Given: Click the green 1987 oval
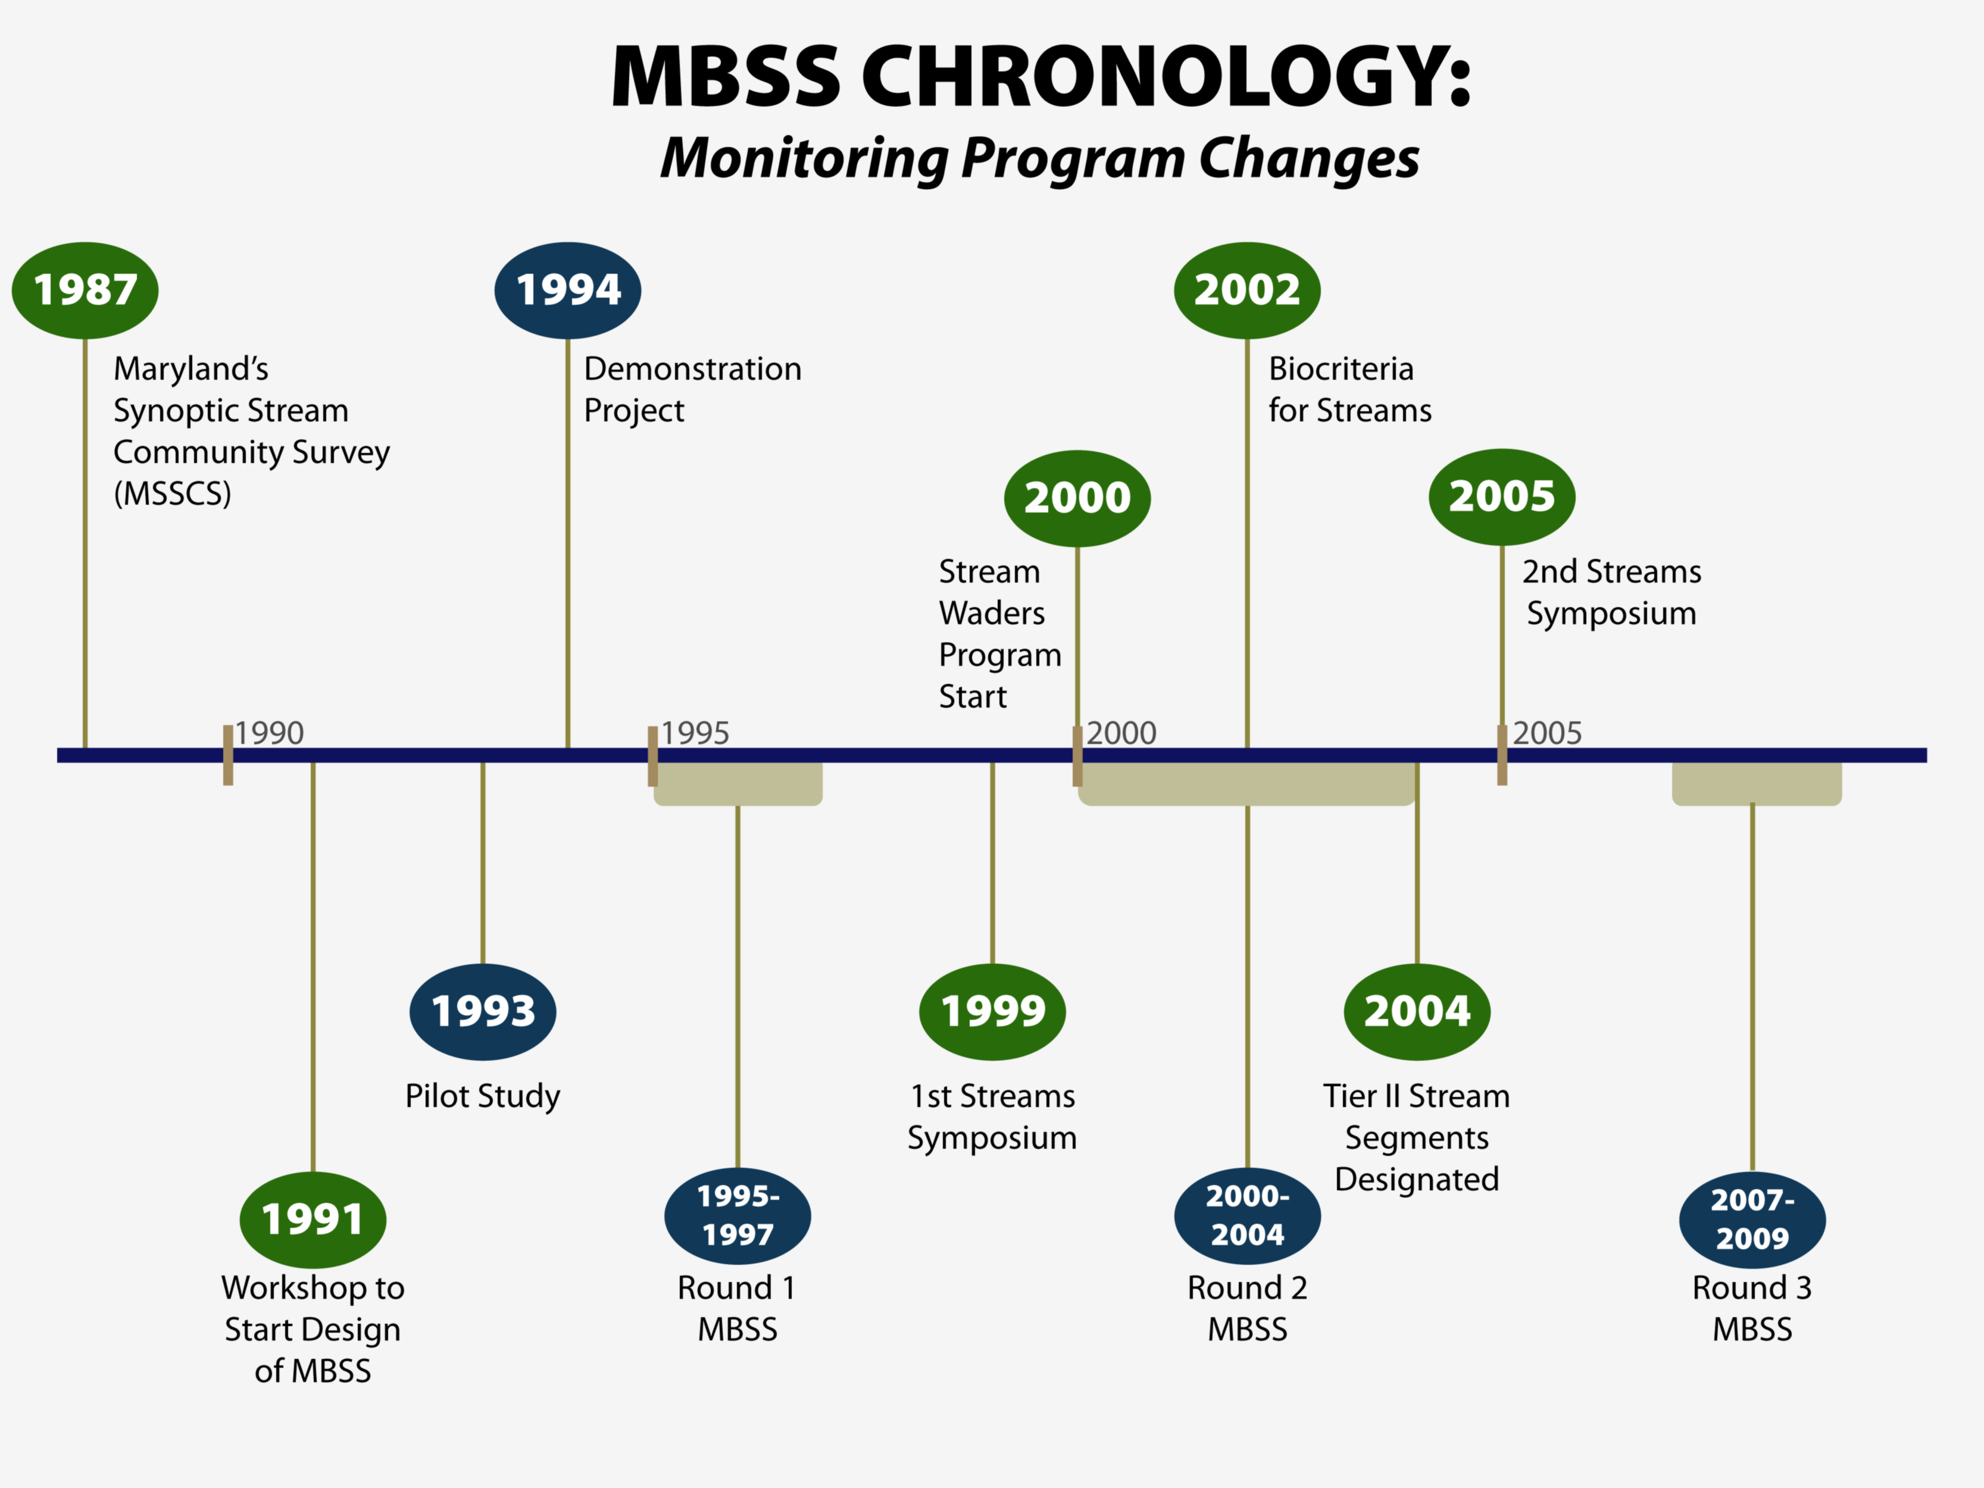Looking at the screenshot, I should [85, 290].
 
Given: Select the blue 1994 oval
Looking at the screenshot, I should [568, 290].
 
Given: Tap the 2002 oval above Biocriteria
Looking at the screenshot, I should [1246, 290].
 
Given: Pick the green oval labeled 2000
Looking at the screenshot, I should [1077, 498].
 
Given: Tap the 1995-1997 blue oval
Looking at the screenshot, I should [738, 1215].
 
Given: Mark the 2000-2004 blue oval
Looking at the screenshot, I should [1246, 1215].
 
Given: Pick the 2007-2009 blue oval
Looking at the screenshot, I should [1752, 1219].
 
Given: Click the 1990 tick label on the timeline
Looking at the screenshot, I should [269, 733].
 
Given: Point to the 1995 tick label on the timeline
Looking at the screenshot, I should [695, 733].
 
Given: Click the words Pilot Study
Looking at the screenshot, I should [483, 1096].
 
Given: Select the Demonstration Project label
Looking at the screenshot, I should [692, 389].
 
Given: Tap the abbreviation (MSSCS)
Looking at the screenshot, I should [172, 493].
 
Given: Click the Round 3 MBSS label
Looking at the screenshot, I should [1752, 1308].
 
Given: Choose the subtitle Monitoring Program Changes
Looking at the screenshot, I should [1039, 159].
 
